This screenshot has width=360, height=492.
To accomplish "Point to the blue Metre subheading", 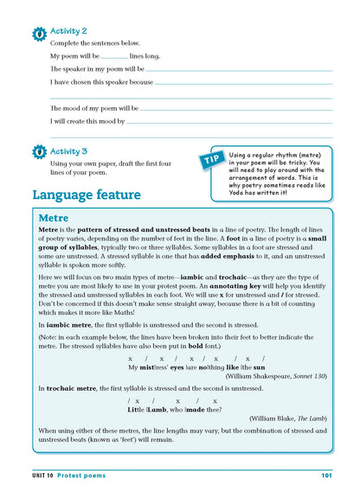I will (x=54, y=218).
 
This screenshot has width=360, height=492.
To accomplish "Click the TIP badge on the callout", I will (x=213, y=159).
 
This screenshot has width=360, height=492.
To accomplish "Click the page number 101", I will (x=326, y=475).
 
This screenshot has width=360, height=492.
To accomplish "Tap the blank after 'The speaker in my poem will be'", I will (x=239, y=70).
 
